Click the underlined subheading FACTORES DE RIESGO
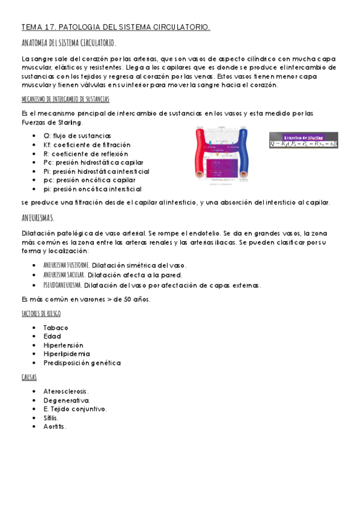point(41,313)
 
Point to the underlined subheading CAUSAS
point(29,377)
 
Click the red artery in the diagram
point(200,154)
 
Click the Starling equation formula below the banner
point(304,144)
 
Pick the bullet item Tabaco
point(56,328)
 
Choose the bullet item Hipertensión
point(63,345)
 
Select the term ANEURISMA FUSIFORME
point(67,265)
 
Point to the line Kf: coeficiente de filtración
point(87,145)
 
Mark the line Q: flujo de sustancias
point(77,136)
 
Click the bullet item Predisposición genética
point(82,363)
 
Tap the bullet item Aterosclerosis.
point(66,391)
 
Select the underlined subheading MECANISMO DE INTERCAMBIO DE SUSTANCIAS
point(65,99)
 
